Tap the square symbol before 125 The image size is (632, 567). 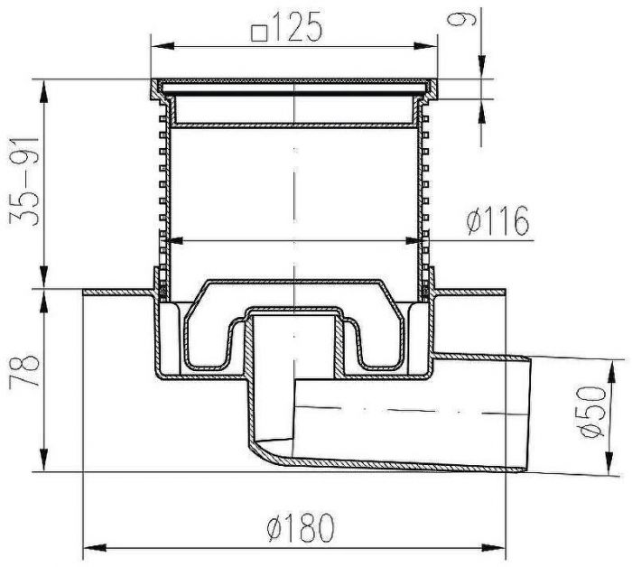[259, 33]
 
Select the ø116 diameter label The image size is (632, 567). [497, 221]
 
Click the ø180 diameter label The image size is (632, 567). [301, 527]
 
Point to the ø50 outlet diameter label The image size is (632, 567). [592, 412]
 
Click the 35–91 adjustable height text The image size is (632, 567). [24, 181]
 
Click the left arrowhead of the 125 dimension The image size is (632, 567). [163, 46]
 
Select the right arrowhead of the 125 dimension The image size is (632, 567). [425, 46]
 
